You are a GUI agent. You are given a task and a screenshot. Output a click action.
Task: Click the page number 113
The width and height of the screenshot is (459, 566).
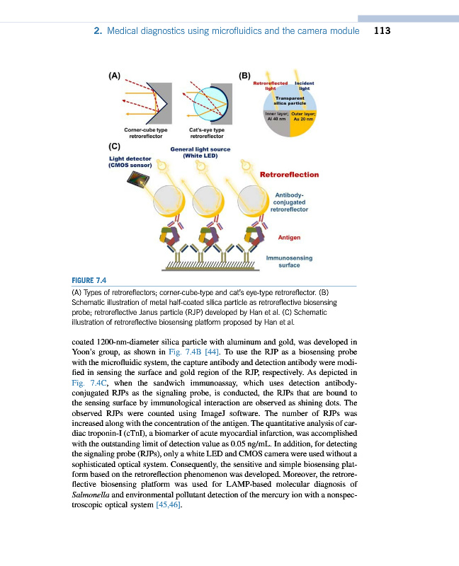point(382,31)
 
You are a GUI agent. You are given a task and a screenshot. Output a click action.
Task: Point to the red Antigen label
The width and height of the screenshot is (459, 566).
point(289,238)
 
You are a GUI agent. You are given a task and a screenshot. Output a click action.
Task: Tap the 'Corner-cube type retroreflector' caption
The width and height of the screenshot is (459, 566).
point(145,132)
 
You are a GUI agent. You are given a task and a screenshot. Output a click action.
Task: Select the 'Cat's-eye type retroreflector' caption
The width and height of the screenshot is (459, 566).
point(207,132)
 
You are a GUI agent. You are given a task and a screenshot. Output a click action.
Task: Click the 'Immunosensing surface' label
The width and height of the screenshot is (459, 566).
point(289,262)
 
